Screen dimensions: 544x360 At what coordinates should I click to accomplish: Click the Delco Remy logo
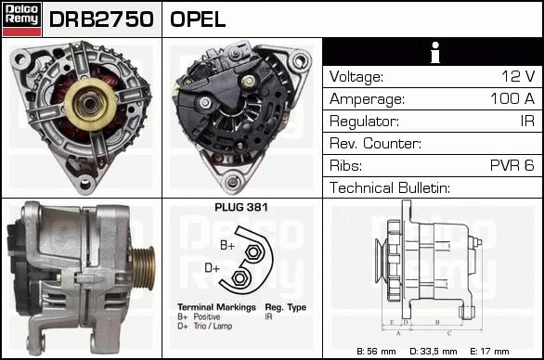pos(22,19)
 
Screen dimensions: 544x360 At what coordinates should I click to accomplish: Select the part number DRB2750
pos(101,19)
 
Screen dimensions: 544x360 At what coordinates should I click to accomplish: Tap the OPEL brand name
pos(198,19)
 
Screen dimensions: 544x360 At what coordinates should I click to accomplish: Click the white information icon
pos(435,53)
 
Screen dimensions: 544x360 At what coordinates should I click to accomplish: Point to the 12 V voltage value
pos(518,76)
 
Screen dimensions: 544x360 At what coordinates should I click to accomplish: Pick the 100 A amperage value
pos(512,98)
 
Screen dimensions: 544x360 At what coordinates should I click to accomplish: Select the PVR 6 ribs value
pos(512,165)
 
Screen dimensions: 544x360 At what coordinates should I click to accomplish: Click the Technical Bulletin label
pos(390,187)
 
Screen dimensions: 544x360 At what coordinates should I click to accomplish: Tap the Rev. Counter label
pos(375,143)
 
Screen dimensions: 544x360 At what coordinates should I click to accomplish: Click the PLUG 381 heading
pos(241,208)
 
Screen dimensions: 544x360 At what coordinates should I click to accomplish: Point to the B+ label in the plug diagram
pos(227,246)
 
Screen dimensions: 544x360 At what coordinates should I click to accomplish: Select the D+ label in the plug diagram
pos(212,268)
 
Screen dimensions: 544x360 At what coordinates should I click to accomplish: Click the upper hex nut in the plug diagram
pos(253,252)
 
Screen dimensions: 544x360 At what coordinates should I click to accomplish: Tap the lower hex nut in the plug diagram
pos(239,277)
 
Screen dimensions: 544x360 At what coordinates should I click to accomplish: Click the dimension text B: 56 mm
pos(376,352)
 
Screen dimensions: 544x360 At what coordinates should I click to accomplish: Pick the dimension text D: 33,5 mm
pos(433,352)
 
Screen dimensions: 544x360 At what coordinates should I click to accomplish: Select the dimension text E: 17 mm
pos(489,352)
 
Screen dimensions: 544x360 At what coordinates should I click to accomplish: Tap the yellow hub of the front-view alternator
pos(90,104)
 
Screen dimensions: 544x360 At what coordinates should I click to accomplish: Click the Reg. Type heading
pos(286,307)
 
